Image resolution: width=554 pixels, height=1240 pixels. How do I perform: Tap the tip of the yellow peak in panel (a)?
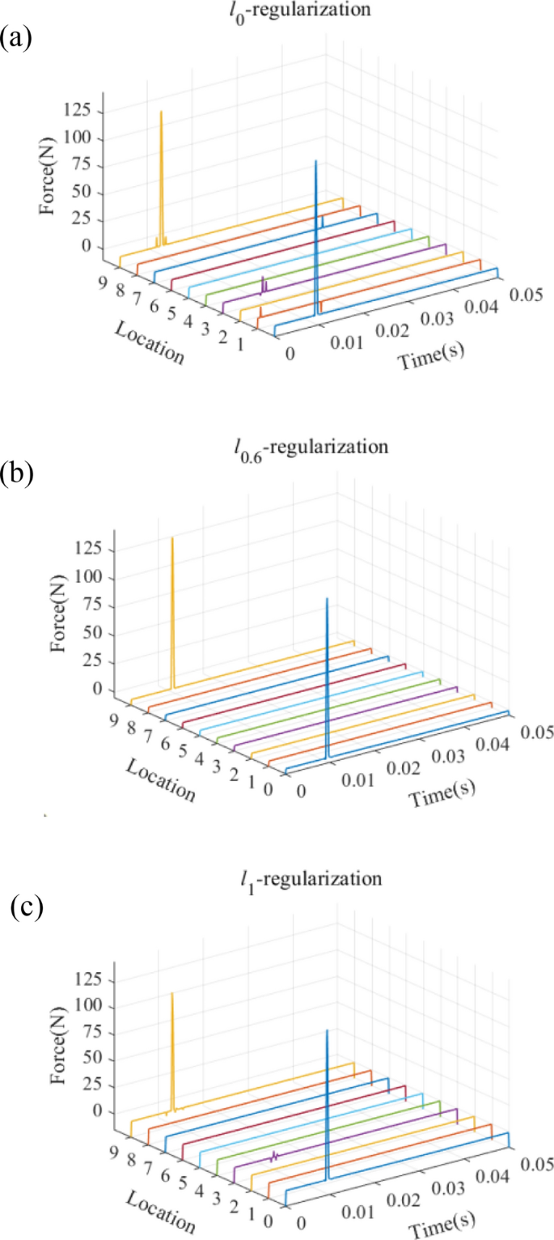pos(161,112)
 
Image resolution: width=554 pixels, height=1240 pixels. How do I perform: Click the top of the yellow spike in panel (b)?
pos(172,537)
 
